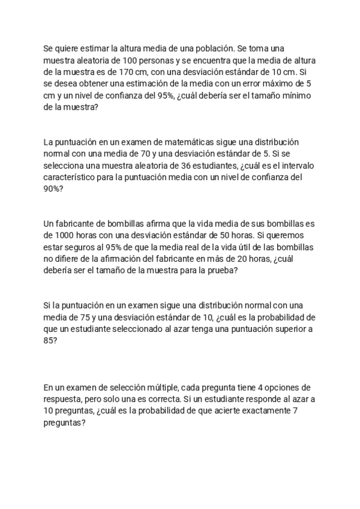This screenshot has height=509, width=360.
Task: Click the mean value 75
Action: [x=88, y=318]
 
